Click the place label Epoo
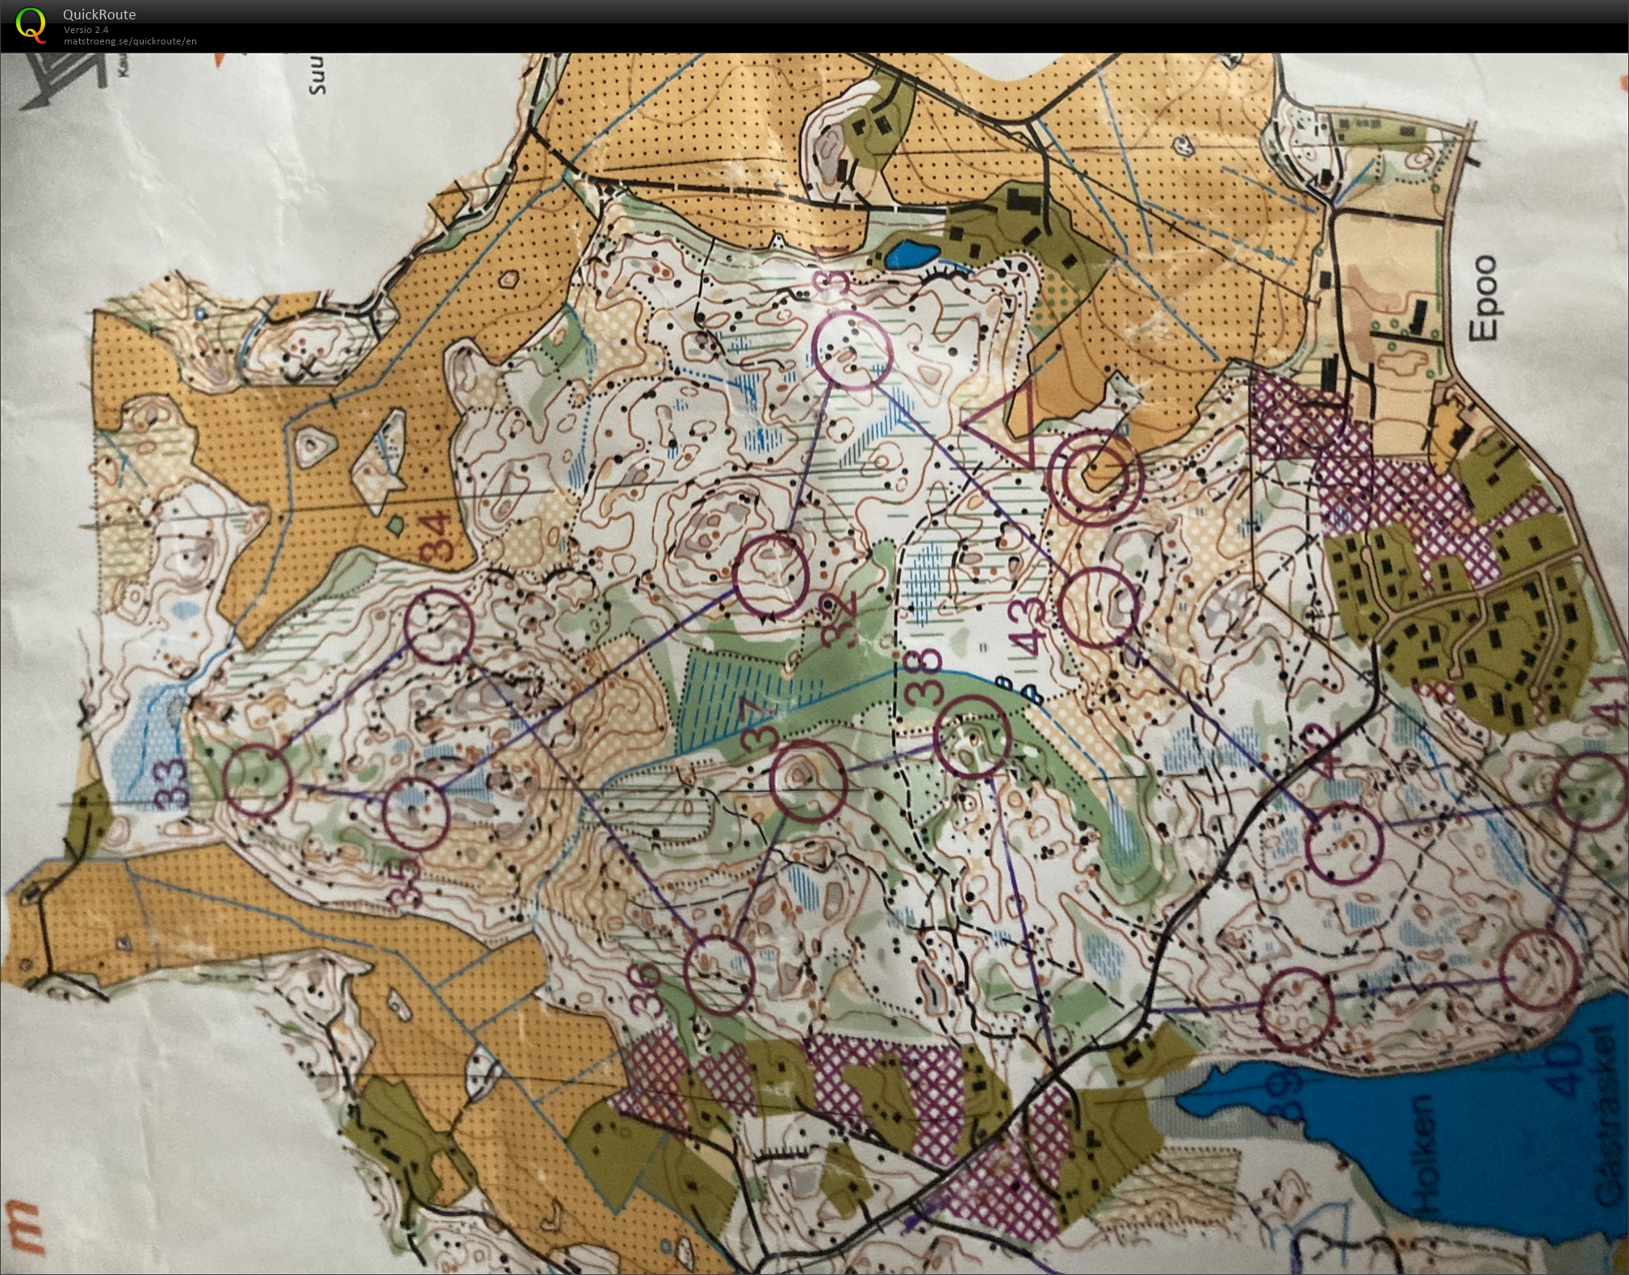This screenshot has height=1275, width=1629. [1484, 299]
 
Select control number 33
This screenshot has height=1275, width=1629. [172, 783]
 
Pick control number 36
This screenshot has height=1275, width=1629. [646, 989]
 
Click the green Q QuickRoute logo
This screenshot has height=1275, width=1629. [31, 23]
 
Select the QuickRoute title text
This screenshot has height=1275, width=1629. [99, 14]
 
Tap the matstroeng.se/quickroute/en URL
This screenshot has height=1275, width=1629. [130, 41]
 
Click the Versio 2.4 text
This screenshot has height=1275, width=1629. [86, 30]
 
